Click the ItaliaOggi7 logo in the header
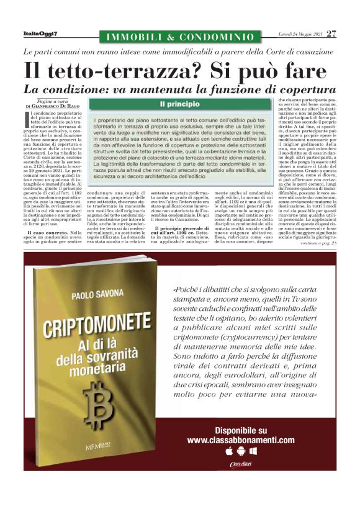[40, 34]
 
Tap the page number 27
[331, 33]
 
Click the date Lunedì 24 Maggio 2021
[299, 34]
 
